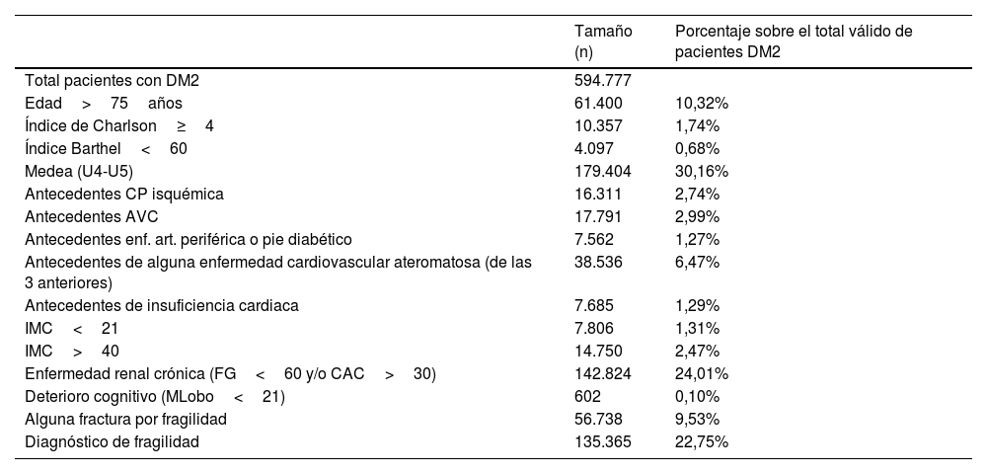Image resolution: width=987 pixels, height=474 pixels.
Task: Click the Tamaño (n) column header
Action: click(x=603, y=41)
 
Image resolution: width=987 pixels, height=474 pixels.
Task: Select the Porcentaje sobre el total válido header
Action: click(x=793, y=41)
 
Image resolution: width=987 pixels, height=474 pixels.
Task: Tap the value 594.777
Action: click(x=602, y=80)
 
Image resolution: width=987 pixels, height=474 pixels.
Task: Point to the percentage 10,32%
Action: click(x=702, y=103)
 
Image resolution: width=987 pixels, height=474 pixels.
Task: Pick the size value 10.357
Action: click(x=598, y=125)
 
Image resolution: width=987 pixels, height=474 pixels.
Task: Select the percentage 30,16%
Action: click(x=702, y=171)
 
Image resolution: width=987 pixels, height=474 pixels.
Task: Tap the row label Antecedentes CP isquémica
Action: click(x=123, y=194)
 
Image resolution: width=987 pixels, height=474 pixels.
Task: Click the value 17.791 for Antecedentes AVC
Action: click(x=598, y=216)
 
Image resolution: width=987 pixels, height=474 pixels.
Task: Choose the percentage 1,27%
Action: click(x=698, y=239)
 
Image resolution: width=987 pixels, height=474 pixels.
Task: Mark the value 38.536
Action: click(x=598, y=262)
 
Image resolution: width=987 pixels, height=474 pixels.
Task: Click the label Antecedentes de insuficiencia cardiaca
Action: click(x=161, y=306)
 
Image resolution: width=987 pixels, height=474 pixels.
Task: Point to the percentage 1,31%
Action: click(x=698, y=329)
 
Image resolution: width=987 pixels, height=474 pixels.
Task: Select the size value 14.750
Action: click(x=598, y=352)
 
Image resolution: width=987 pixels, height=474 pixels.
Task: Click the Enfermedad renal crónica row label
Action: click(x=230, y=374)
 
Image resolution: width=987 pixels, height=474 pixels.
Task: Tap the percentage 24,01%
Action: click(x=702, y=374)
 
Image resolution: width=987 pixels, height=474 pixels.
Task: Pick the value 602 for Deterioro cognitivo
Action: click(x=587, y=397)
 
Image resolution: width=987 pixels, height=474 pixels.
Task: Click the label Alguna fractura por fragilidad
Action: click(x=125, y=420)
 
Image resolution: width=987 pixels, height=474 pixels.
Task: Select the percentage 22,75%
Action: click(x=702, y=442)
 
